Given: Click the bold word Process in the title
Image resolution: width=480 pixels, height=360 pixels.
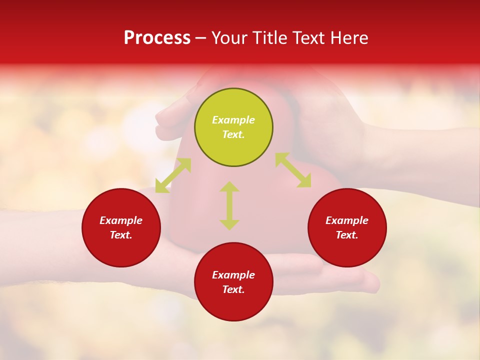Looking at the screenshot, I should tap(157, 38).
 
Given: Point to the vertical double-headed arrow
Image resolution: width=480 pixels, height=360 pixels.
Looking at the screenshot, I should tap(229, 206).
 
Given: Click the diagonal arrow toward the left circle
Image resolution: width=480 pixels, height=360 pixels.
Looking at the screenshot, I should tap(173, 175).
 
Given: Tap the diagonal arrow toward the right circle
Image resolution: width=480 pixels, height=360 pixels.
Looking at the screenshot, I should tap(293, 170).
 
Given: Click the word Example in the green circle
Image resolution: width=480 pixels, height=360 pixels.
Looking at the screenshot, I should tap(233, 120).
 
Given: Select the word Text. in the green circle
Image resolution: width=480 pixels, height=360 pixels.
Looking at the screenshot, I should tap(233, 134).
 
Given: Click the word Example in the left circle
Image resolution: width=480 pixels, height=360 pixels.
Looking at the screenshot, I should tap(121, 220).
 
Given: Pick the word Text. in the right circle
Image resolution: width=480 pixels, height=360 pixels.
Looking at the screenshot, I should tap(347, 235).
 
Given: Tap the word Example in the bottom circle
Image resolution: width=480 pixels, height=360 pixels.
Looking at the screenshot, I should tap(233, 275).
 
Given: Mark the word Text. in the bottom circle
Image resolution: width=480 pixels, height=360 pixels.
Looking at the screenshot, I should tap(233, 289).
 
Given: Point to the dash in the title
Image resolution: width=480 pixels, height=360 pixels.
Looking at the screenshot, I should tap(201, 38).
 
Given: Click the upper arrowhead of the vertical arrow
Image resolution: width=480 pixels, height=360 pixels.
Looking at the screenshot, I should tap(229, 186).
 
